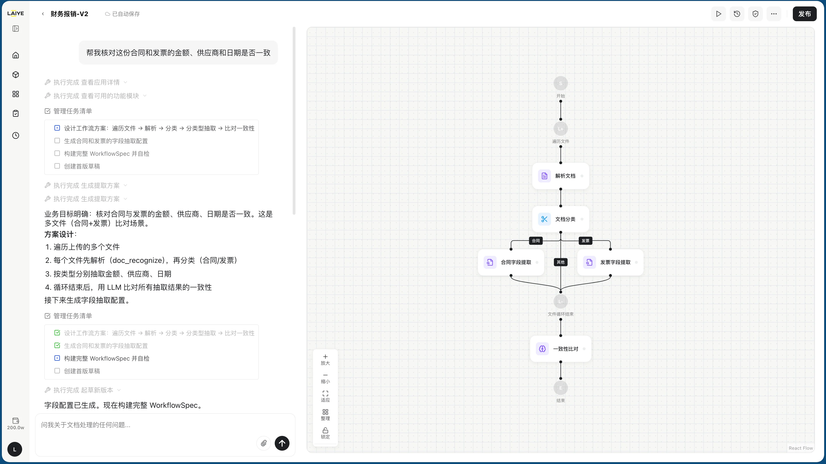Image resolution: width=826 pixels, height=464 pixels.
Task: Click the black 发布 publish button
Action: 805,14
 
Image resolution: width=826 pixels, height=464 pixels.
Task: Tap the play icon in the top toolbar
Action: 719,14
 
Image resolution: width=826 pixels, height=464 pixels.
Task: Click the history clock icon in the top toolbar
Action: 737,14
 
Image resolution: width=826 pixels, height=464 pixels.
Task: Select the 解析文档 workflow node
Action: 560,176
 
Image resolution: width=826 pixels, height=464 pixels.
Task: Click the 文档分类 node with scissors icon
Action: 560,219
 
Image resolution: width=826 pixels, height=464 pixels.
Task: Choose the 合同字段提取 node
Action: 511,262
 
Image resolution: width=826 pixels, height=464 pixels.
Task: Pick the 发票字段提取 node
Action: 610,262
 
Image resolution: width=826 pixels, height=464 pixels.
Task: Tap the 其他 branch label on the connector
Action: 560,262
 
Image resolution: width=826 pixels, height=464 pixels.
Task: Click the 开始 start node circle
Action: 560,83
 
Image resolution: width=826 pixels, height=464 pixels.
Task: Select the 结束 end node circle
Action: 560,388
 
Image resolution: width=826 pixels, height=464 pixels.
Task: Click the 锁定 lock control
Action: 325,433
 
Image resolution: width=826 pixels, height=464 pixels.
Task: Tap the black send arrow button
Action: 282,443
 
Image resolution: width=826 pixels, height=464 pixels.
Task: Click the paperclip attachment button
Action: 264,443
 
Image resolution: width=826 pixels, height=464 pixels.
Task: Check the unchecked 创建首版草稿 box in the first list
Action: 57,166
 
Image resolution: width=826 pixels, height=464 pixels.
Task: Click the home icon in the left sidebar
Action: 16,55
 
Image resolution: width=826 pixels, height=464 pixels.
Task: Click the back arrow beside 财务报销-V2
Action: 43,14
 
